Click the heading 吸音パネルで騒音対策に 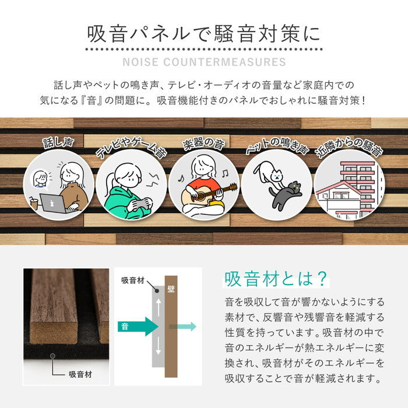pyautogui.click(x=203, y=34)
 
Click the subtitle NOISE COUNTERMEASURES pyautogui.click(x=203, y=62)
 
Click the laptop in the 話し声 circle pyautogui.click(x=53, y=203)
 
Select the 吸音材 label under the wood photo pyautogui.click(x=80, y=374)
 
